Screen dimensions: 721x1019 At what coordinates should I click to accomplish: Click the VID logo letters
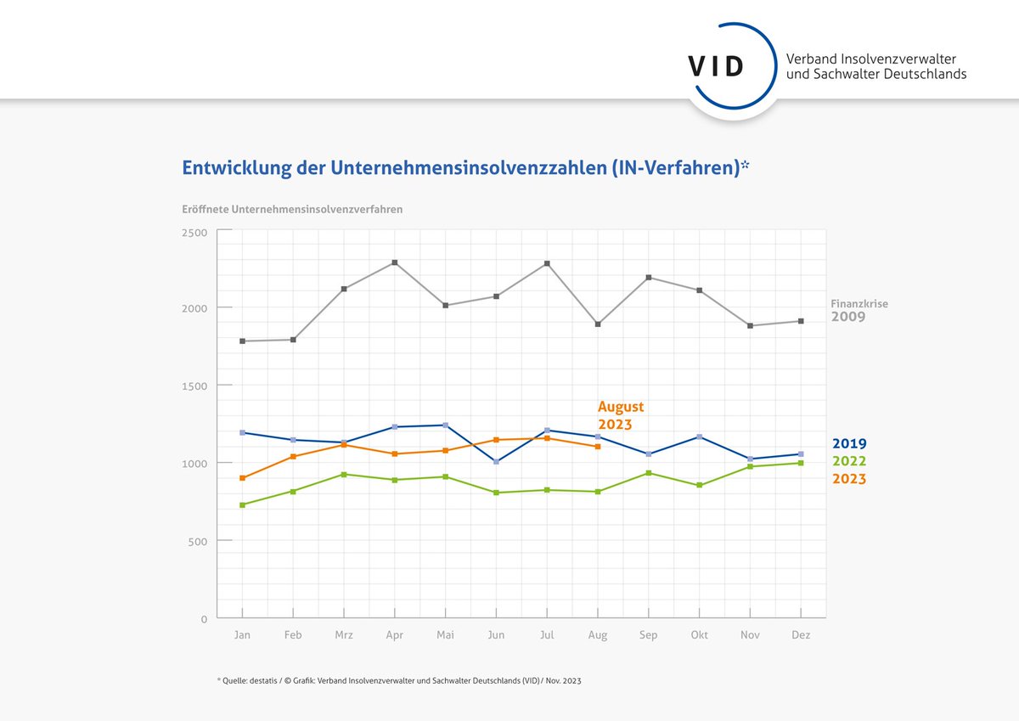(x=717, y=66)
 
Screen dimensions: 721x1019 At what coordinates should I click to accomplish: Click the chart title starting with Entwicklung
(x=465, y=168)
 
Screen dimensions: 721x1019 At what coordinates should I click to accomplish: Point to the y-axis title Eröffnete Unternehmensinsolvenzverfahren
(x=292, y=209)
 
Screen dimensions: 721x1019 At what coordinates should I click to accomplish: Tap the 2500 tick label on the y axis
(x=194, y=232)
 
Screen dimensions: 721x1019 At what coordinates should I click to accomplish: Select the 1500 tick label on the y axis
(x=194, y=386)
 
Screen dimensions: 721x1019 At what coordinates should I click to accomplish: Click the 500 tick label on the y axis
(x=198, y=541)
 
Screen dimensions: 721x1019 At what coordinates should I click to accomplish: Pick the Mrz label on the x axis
(x=344, y=635)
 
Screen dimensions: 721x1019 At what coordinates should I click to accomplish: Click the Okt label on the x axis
(x=700, y=635)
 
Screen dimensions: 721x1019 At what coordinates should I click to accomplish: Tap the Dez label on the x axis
(x=801, y=635)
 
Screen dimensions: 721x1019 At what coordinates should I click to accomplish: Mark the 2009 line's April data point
(x=395, y=262)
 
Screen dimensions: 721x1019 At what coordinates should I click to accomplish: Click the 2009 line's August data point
(x=598, y=324)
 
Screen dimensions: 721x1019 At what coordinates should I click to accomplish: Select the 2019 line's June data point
(x=496, y=462)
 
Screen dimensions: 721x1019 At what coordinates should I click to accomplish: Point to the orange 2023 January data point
(x=243, y=478)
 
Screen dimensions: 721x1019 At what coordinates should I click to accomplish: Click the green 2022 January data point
(x=243, y=505)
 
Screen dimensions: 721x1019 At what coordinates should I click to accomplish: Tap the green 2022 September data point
(x=649, y=473)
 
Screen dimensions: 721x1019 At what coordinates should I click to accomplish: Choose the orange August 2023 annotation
(x=621, y=415)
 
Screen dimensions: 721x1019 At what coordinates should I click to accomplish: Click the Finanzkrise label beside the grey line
(x=859, y=302)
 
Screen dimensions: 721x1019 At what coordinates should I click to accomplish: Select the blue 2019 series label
(x=849, y=443)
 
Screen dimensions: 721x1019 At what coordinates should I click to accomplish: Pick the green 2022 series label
(x=849, y=461)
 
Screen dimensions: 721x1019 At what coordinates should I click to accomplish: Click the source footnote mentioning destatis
(x=399, y=681)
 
